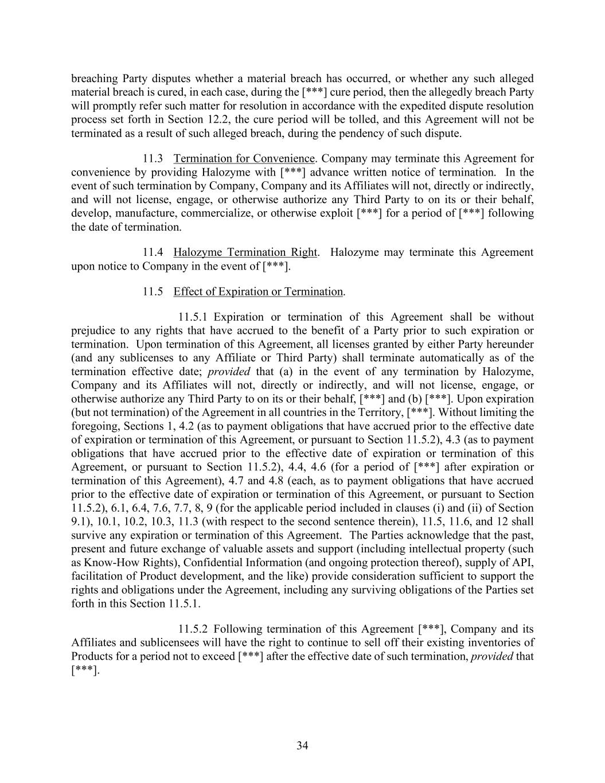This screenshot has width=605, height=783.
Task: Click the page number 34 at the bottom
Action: (x=302, y=745)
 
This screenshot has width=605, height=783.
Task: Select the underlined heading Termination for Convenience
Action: (x=244, y=158)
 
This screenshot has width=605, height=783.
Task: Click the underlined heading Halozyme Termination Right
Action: (x=245, y=252)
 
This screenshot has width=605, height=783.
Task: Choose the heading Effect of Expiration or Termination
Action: (x=258, y=291)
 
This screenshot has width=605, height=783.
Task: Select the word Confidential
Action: (x=213, y=562)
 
